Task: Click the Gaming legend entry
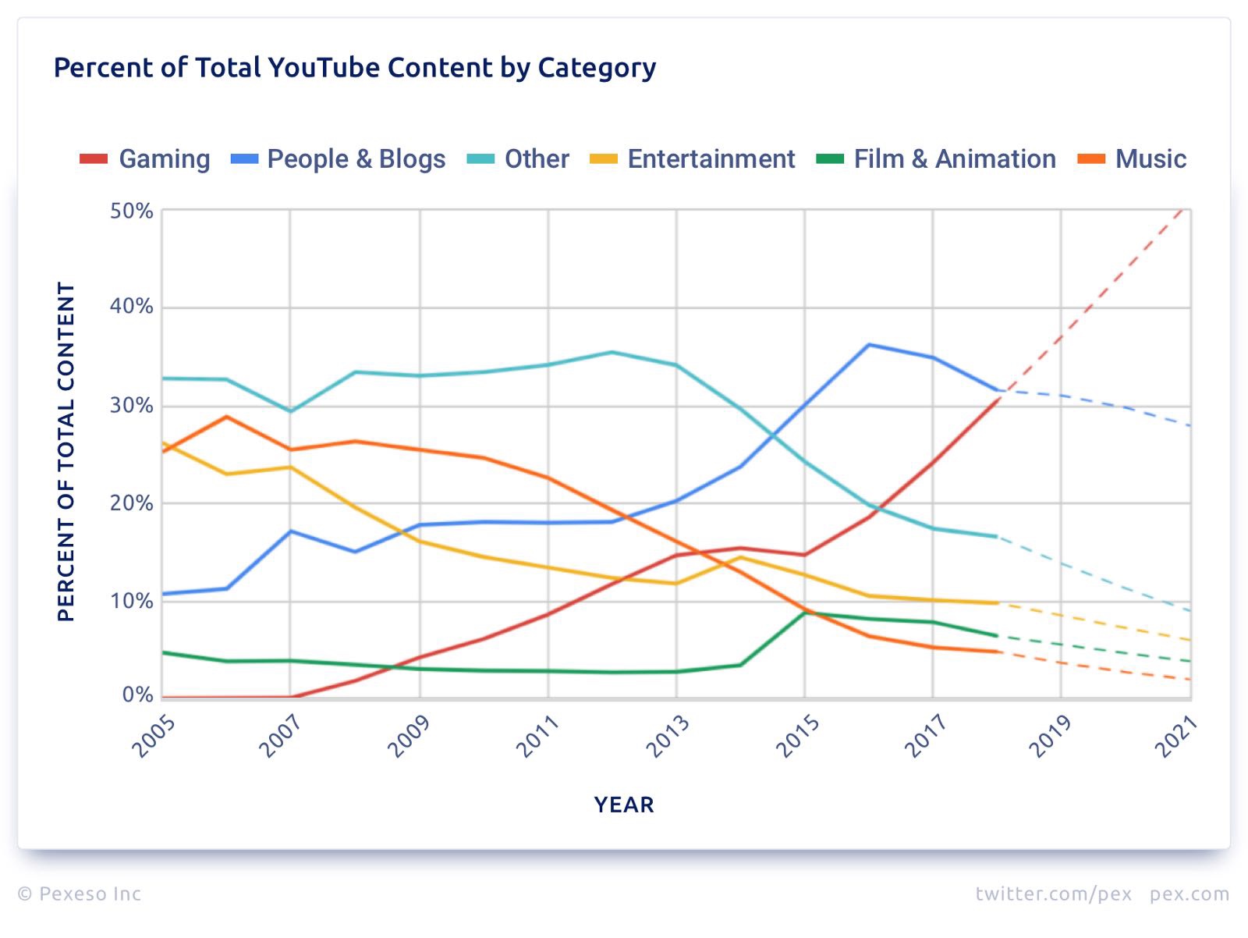pyautogui.click(x=146, y=159)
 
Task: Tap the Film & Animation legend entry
pyautogui.click(x=936, y=159)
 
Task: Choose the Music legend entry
pyautogui.click(x=1132, y=159)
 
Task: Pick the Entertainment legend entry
pyautogui.click(x=693, y=159)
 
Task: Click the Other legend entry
pyautogui.click(x=519, y=159)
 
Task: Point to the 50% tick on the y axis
pyautogui.click(x=132, y=211)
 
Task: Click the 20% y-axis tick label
pyautogui.click(x=132, y=503)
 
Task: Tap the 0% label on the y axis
pyautogui.click(x=137, y=695)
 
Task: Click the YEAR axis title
pyautogui.click(x=624, y=805)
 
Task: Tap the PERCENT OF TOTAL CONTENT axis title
pyautogui.click(x=66, y=452)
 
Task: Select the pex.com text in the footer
pyautogui.click(x=1189, y=894)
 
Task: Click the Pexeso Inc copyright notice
pyautogui.click(x=80, y=894)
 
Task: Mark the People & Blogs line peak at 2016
pyautogui.click(x=869, y=345)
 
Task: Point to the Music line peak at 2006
pyautogui.click(x=226, y=417)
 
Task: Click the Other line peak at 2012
pyautogui.click(x=612, y=352)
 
